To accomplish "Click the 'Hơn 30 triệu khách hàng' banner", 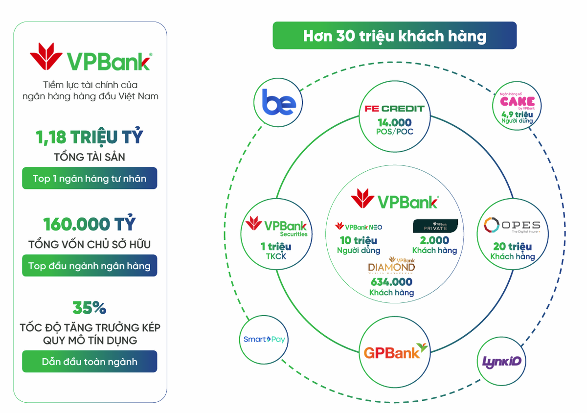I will (394, 36).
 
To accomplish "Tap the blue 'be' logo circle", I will (279, 102).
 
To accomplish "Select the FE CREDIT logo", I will (394, 109).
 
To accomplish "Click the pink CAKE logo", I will (517, 102).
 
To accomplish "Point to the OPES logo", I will (512, 226).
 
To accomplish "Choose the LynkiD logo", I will (502, 362).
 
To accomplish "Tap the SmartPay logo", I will (264, 339).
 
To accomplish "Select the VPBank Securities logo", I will (276, 226).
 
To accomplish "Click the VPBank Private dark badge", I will (435, 226).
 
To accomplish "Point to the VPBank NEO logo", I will (359, 227).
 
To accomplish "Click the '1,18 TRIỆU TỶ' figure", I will (90, 138).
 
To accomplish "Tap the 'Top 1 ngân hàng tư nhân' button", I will (90, 179).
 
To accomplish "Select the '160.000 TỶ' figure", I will (90, 224).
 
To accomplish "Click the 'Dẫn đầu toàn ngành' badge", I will (90, 362).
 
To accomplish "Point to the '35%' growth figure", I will (90, 308).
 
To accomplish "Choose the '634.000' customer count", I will (391, 282).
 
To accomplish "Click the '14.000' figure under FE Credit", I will (394, 122).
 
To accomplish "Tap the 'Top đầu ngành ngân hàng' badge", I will (90, 266).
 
